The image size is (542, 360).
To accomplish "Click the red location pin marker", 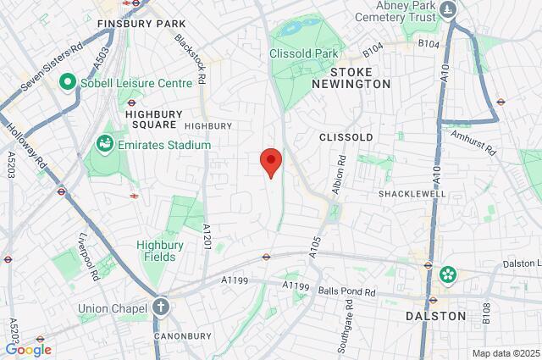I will point(270,161).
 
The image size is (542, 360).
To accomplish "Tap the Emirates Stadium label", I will point(164,146).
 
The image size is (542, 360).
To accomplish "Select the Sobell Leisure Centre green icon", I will point(65,82).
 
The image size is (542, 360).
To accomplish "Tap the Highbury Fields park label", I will point(159,252).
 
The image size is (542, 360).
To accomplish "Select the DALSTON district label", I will point(436,316).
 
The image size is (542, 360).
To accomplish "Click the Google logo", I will point(27,349).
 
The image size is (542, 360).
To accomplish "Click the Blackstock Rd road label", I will point(191,58).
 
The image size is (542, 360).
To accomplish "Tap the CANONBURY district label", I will point(180,335).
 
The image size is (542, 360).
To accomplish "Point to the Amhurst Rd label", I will point(473,145).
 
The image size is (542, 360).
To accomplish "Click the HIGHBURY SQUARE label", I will point(155,119).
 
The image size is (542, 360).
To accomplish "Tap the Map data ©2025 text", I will point(506,353).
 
